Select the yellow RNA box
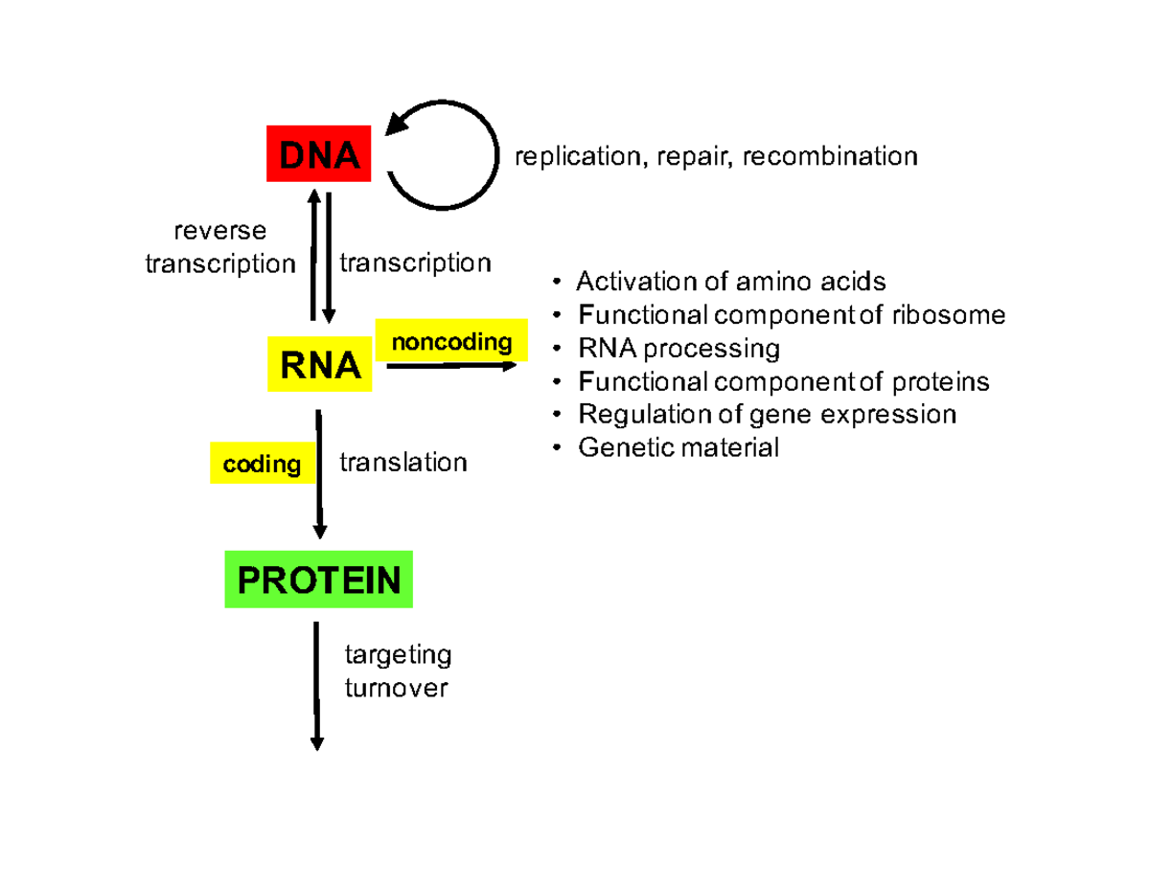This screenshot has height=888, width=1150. (x=320, y=364)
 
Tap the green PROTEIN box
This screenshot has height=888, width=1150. (x=318, y=580)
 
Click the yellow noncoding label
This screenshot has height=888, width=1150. (x=451, y=340)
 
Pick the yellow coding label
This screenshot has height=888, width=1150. (x=262, y=464)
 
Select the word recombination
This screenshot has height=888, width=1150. (x=829, y=156)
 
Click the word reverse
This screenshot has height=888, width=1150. (x=219, y=231)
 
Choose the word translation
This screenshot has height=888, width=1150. (x=403, y=463)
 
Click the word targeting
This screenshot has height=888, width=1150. (x=397, y=655)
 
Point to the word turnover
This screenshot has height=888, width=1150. (x=395, y=688)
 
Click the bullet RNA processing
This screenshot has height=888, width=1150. (x=678, y=348)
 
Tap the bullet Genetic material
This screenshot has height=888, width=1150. (x=678, y=447)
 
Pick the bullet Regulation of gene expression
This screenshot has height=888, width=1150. (x=767, y=414)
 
